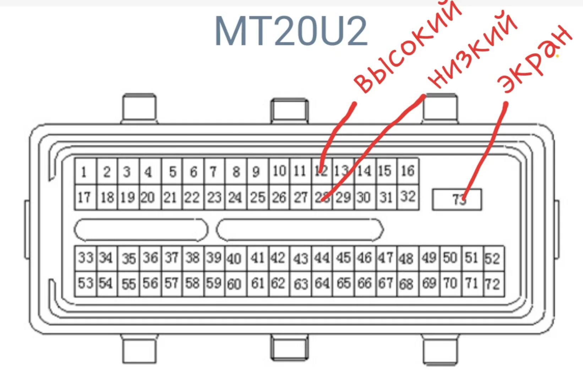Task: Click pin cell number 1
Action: pos(85,172)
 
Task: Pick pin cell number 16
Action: pos(408,171)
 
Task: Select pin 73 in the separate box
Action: pos(457,199)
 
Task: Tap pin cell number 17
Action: pos(85,197)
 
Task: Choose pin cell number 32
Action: pos(408,197)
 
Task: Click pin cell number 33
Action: pos(86,258)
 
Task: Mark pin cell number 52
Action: pos(493,258)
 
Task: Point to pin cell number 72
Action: pos(493,284)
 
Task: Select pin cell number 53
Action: pos(86,283)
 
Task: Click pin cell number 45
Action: pos(344,258)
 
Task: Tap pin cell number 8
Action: pos(236,172)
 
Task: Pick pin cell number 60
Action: pos(234,284)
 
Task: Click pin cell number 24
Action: pos(235,197)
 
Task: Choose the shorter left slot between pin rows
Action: pos(141,230)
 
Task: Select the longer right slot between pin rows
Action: pos(300,230)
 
